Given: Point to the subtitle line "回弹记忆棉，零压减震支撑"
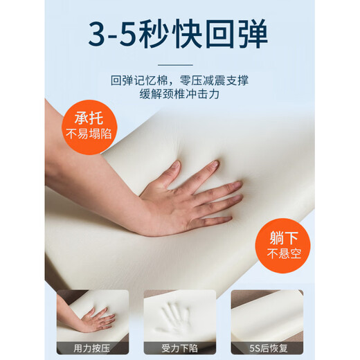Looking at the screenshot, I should (179, 80).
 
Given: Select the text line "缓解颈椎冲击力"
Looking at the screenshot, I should (179, 97).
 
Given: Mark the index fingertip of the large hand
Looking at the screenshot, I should (239, 186).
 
